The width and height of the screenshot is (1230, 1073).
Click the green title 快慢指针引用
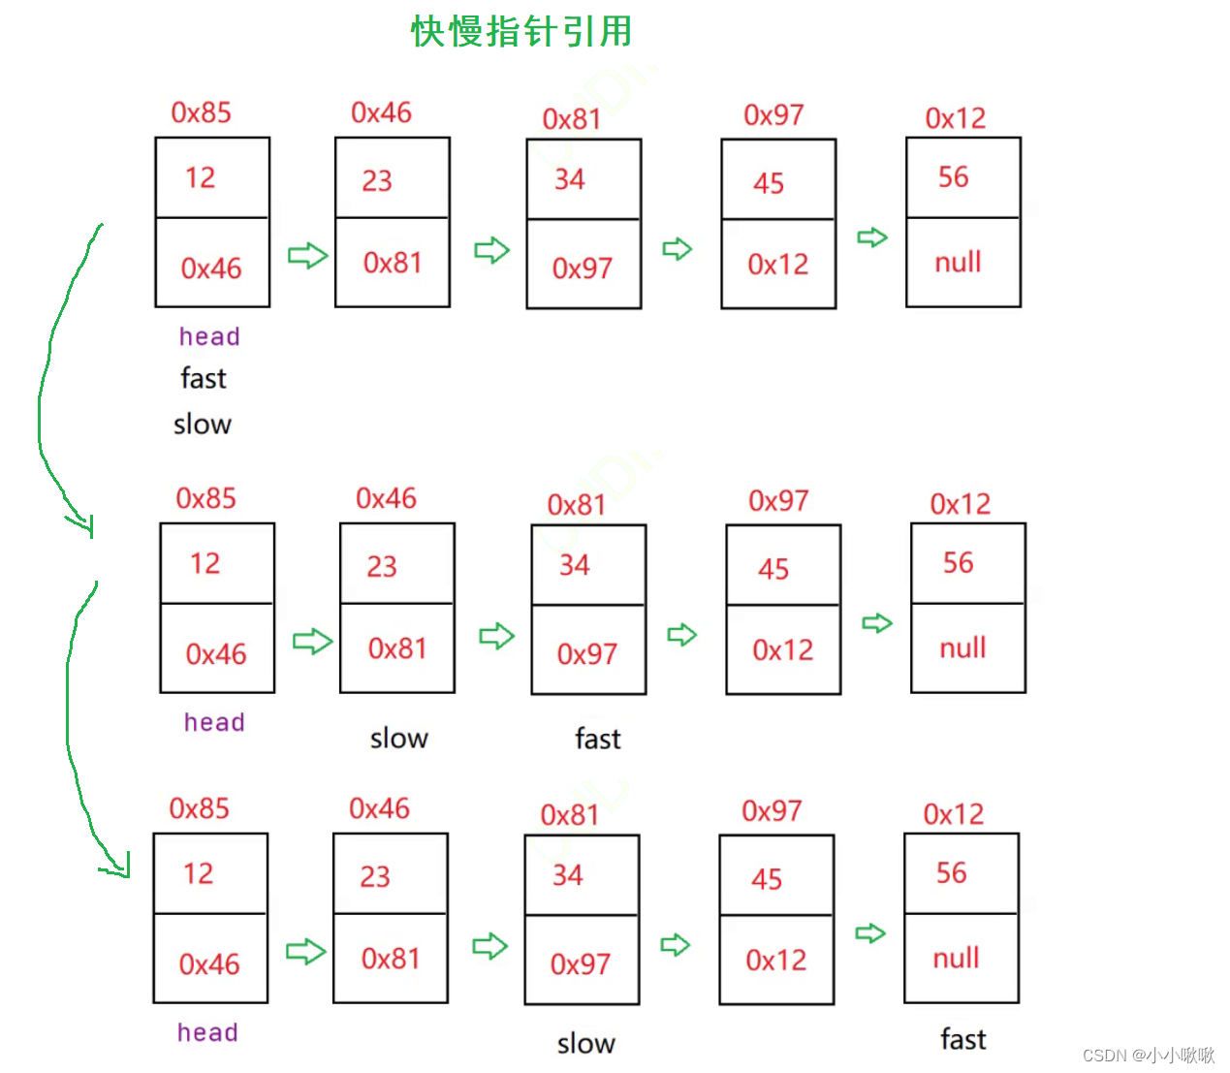[520, 31]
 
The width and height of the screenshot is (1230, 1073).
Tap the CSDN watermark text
[1148, 1055]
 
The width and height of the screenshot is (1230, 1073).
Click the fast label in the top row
[204, 378]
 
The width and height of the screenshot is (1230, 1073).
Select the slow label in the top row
[203, 424]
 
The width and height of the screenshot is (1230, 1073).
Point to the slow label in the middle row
[398, 739]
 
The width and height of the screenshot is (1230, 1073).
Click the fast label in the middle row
[597, 739]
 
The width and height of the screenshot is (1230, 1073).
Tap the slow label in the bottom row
[585, 1044]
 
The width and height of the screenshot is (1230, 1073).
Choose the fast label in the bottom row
[962, 1040]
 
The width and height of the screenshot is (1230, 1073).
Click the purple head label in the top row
[209, 336]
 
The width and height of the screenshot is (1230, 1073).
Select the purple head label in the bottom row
[207, 1032]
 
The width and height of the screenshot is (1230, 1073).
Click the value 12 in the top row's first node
[201, 177]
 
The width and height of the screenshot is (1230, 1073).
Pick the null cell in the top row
[958, 262]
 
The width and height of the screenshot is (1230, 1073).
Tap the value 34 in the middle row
[575, 565]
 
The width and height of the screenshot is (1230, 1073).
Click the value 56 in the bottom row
[951, 873]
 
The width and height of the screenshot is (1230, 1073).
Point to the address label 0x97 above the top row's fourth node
[773, 115]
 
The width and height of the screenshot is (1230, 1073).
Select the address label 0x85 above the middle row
[205, 498]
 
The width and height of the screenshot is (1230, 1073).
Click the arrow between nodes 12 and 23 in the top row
[307, 256]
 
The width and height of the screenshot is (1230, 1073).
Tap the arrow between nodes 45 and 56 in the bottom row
[870, 933]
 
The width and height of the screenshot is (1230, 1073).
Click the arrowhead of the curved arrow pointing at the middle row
[85, 526]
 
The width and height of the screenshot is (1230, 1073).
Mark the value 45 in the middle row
[773, 569]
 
